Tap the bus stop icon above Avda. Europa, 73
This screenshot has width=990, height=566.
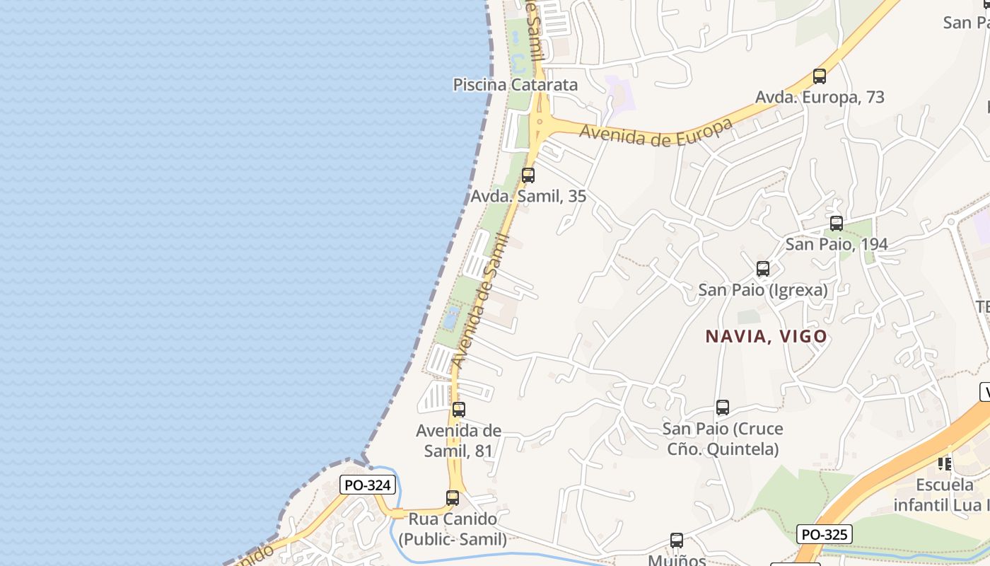point(820,76)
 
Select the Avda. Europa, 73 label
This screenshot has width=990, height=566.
point(820,97)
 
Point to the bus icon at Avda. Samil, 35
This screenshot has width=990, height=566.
point(528,175)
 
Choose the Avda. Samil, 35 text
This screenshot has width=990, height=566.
point(528,196)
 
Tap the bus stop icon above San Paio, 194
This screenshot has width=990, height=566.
point(837,224)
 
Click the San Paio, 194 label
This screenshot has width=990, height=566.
point(837,244)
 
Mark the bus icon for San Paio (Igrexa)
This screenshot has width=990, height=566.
point(763,269)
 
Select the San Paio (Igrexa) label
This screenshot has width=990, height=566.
point(763,289)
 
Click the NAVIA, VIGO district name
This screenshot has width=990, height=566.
point(766,336)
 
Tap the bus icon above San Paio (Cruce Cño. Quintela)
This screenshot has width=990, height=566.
point(723,408)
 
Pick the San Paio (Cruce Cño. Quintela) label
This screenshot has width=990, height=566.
point(723,439)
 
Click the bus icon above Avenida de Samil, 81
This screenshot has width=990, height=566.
point(459,409)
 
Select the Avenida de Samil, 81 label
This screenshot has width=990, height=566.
point(459,440)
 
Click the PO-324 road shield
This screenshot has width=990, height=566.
point(368,485)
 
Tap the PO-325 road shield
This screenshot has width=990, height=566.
point(824,534)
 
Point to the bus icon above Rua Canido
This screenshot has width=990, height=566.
point(453,498)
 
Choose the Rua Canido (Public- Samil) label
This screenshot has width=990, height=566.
point(453,529)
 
